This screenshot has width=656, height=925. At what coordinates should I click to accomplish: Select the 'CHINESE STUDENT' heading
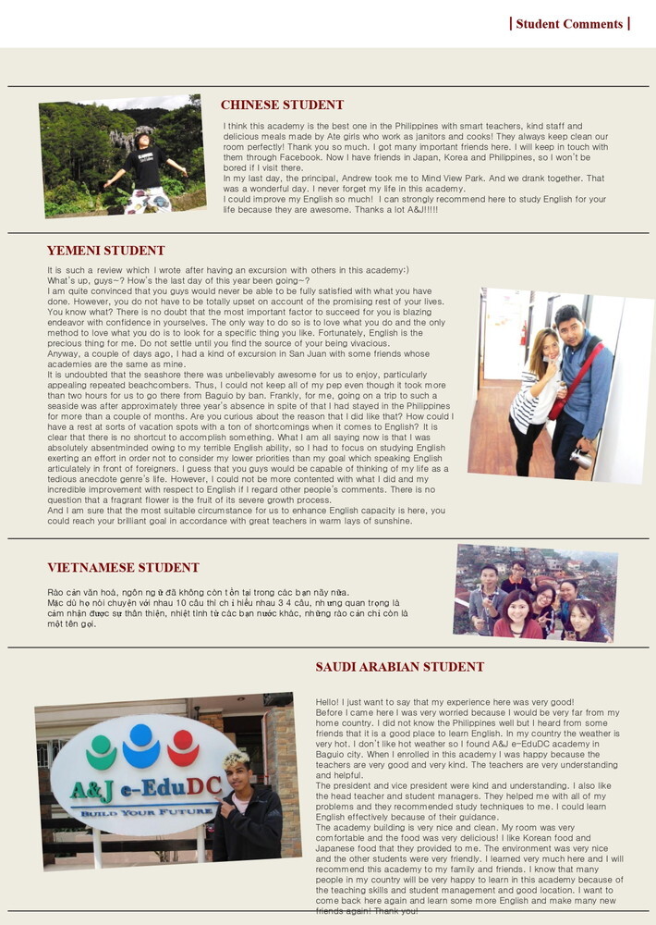point(282,105)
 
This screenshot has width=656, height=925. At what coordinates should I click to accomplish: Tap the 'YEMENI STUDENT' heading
point(105,251)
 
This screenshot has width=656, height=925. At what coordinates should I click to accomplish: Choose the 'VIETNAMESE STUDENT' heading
point(123,568)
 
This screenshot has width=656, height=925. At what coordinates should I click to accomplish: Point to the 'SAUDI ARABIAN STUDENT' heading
point(399,667)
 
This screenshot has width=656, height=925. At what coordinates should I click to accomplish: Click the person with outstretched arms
point(146,166)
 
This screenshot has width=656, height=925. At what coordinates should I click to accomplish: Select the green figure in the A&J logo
point(101,751)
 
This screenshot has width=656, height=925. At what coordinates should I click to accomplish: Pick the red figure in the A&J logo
point(183,747)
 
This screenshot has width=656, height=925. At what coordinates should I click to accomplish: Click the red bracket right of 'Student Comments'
point(628,23)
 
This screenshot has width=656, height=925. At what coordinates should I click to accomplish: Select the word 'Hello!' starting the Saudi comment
point(330,703)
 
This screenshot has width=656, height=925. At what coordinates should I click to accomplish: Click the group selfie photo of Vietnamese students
point(535,593)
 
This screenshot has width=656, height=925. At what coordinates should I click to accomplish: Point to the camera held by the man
point(582,457)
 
